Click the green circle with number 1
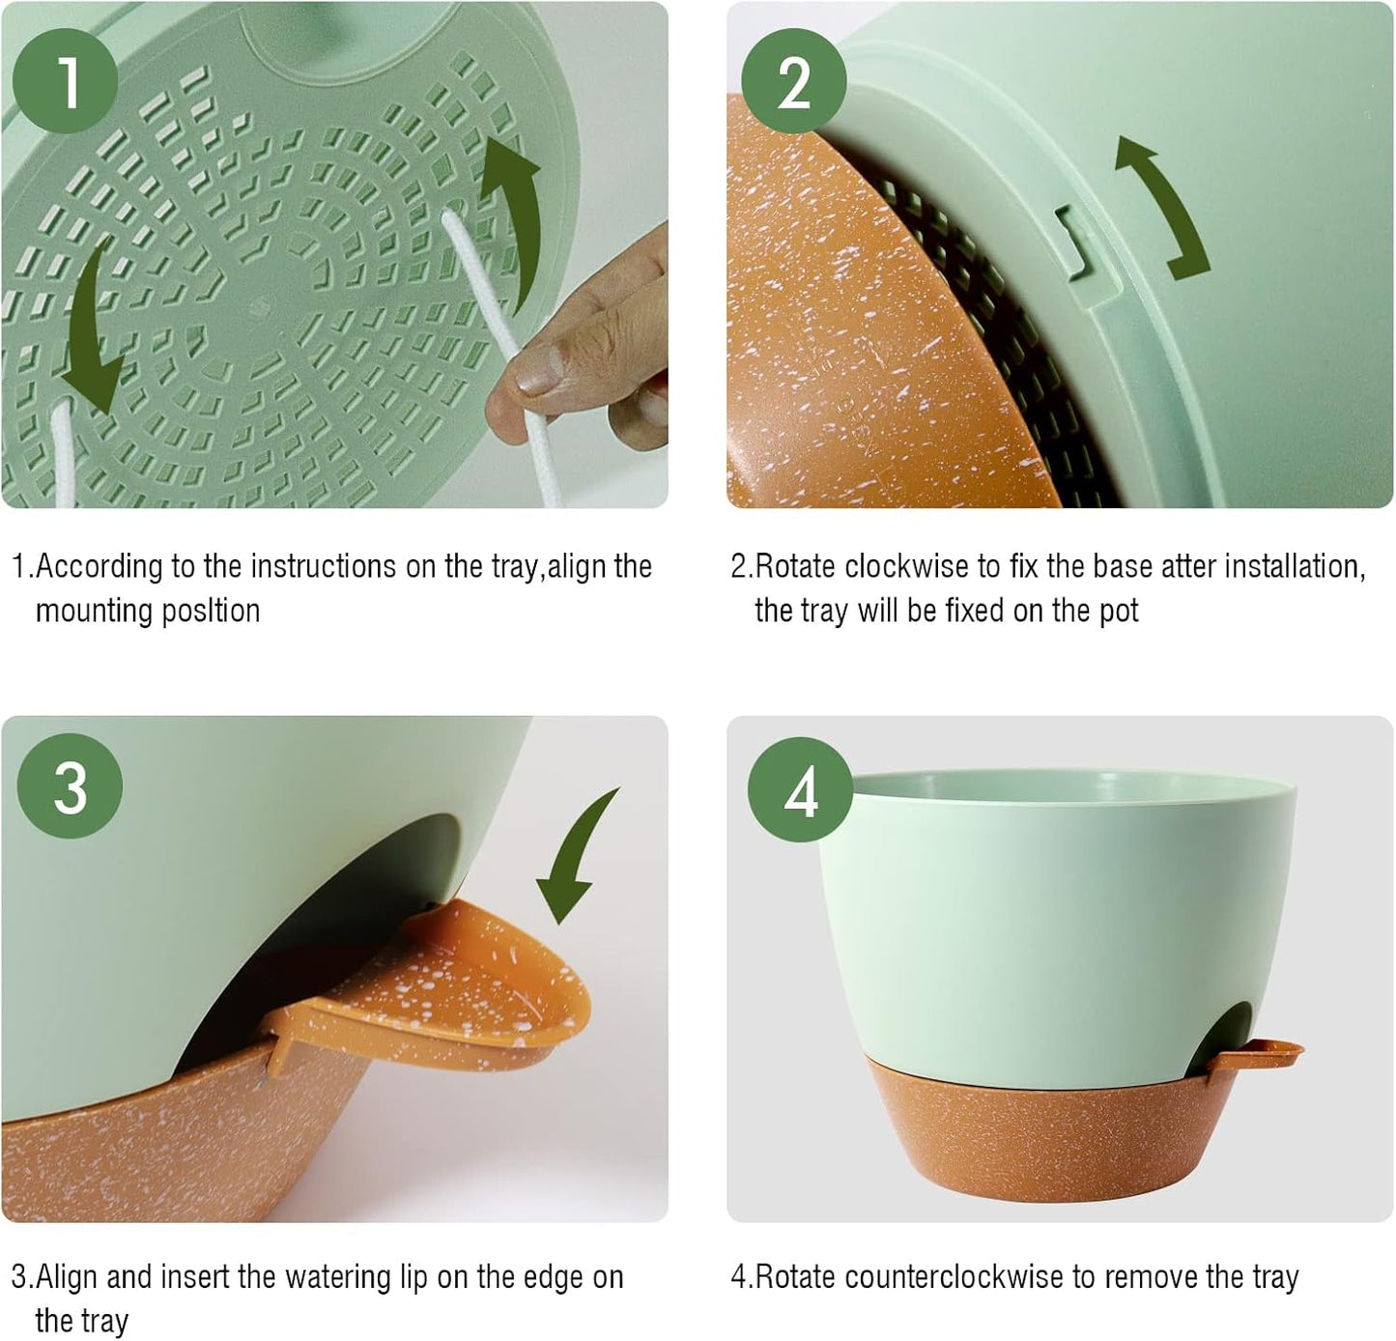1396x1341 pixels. coord(68,82)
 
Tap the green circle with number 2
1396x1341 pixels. coord(793,83)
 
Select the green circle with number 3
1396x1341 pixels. coord(71,787)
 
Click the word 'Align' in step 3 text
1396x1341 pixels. coord(68,1277)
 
